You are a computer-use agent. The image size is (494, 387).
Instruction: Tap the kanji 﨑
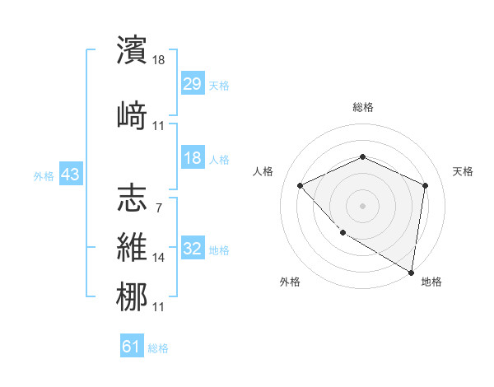[132, 114]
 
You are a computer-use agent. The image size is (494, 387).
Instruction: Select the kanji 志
[132, 198]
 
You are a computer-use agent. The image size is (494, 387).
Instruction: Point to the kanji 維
[132, 248]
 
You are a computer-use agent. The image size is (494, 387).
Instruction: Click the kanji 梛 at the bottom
[132, 296]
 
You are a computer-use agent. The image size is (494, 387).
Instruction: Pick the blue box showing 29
[192, 85]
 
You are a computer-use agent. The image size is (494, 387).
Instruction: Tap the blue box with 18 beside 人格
[192, 158]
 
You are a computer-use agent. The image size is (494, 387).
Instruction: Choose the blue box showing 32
[192, 249]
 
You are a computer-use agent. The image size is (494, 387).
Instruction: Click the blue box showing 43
[70, 175]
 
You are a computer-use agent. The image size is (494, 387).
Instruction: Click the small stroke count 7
[158, 208]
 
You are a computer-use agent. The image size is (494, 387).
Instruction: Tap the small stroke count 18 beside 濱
[160, 60]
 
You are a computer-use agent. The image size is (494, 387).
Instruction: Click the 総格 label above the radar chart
[362, 107]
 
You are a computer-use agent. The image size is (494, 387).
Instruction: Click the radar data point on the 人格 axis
[301, 185]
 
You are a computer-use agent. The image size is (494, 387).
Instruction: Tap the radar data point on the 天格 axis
[425, 185]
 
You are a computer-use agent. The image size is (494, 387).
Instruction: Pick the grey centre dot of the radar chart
[362, 205]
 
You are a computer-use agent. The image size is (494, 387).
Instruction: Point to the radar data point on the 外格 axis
[343, 232]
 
